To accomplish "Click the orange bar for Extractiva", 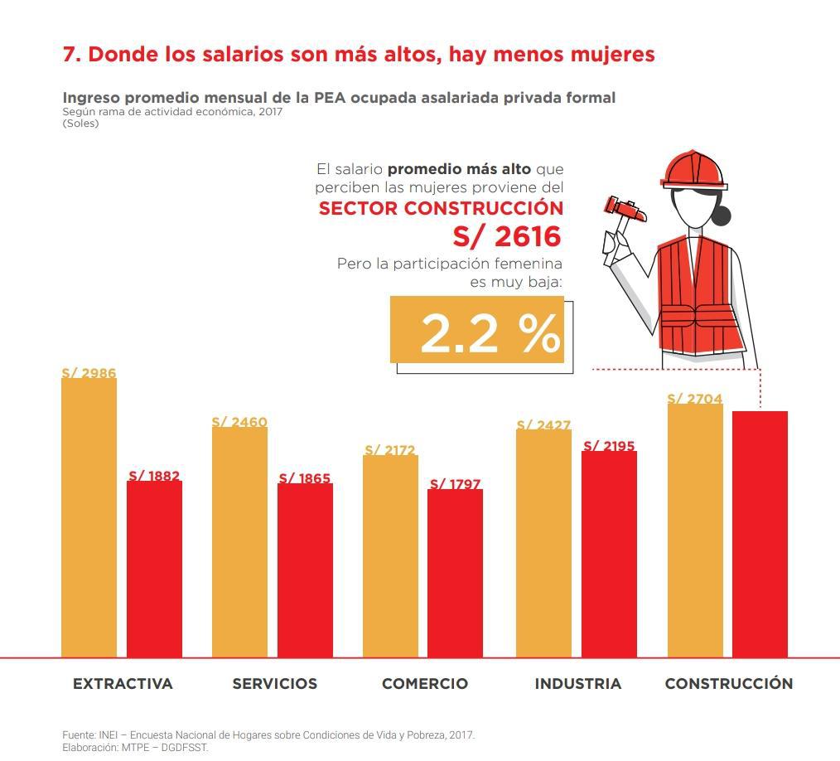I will pos(89,518).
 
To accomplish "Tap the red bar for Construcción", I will pos(760,534).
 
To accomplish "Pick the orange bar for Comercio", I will pos(390,556).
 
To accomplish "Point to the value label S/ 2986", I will pos(89,373).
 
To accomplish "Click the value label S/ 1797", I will pos(455,484).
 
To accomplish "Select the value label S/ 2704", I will pos(694,399).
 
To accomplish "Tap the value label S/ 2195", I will pos(609,446).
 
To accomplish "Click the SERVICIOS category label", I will pos(274,684).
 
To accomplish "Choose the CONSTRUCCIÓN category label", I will pos(728,684).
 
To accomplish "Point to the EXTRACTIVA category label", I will pos(123,684).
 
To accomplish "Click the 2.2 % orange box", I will pos(477,330).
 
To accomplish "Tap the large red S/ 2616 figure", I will pos(506,236).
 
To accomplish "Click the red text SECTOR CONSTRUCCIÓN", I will pos(441,207).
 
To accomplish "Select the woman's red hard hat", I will pos(693,171).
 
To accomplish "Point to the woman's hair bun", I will pos(722,216).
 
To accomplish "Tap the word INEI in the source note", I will pos(109,735).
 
